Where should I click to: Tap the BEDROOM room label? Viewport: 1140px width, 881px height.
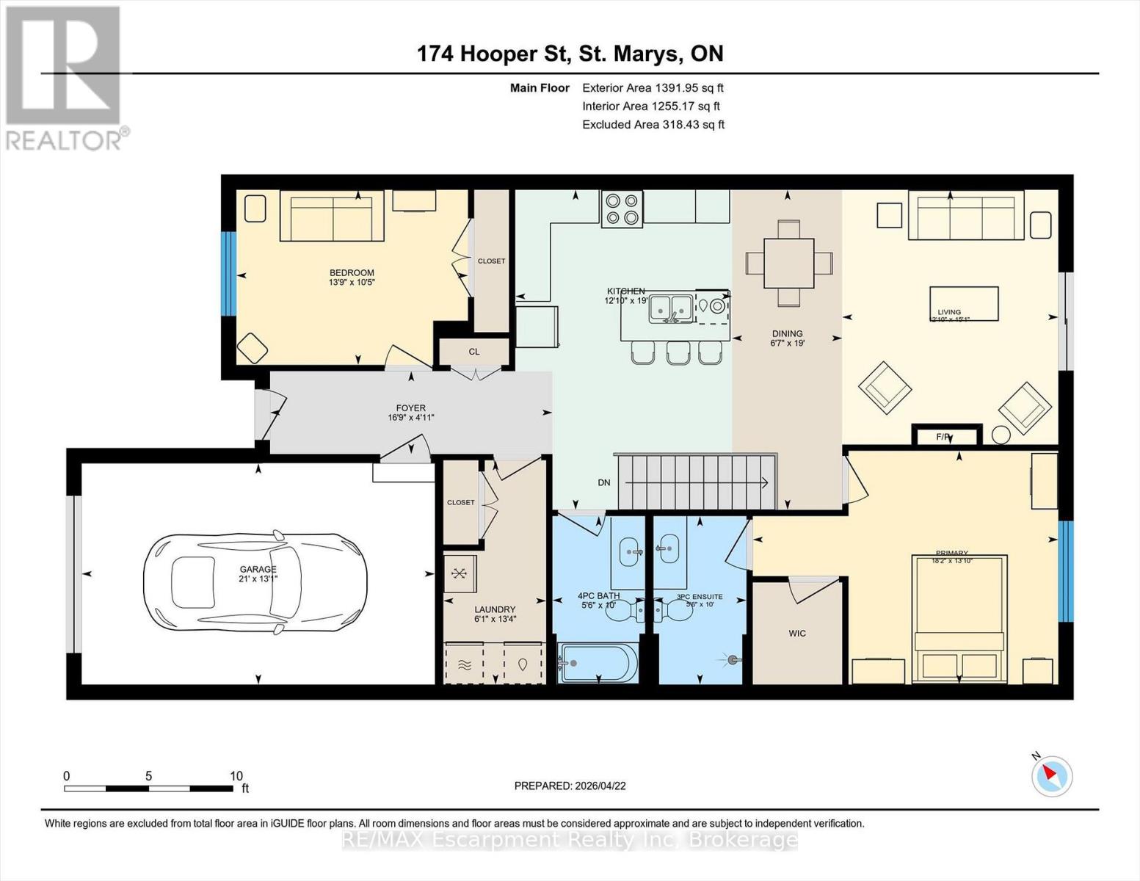[351, 273]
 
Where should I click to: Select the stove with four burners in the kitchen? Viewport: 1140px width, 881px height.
[622, 209]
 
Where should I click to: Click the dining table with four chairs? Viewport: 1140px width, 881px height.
[788, 263]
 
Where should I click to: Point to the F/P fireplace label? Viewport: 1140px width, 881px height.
[944, 437]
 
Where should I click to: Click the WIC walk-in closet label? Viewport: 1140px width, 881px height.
[797, 633]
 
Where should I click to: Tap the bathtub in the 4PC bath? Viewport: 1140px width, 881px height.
[597, 663]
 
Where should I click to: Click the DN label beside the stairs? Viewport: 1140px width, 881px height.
[604, 482]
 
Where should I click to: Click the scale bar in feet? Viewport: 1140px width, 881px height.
[148, 788]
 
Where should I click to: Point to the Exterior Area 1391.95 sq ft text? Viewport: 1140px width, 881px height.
[653, 88]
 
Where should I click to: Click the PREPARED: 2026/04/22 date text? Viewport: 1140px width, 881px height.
[570, 786]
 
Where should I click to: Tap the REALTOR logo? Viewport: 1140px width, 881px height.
[65, 78]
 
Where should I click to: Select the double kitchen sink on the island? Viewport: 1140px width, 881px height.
[671, 309]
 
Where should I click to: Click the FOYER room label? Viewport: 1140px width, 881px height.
[410, 409]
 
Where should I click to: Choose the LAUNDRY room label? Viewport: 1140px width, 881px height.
[495, 609]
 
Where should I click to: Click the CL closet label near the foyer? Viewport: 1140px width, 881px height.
[474, 352]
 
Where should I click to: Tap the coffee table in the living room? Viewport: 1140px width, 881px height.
[964, 304]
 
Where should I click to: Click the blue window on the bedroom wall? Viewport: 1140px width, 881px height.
[229, 274]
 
